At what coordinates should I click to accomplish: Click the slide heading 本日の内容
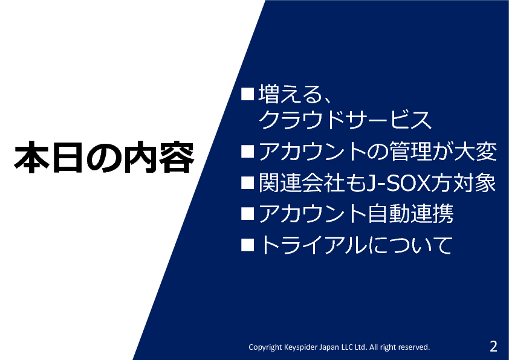click(x=104, y=157)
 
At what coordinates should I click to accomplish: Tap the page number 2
click(x=493, y=346)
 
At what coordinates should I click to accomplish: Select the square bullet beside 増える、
click(x=247, y=94)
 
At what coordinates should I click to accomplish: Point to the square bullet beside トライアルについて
click(x=247, y=245)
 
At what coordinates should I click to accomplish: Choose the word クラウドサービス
click(x=345, y=120)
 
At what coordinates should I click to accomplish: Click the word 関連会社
click(x=301, y=182)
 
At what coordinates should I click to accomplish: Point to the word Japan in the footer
click(x=329, y=347)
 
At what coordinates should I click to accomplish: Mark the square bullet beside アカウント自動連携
click(x=247, y=214)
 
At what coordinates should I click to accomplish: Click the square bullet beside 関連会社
click(x=247, y=183)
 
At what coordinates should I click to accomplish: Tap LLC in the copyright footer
click(x=346, y=347)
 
